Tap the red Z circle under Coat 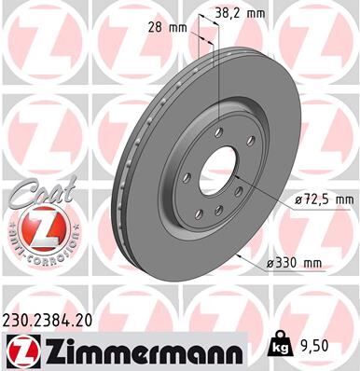35,227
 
